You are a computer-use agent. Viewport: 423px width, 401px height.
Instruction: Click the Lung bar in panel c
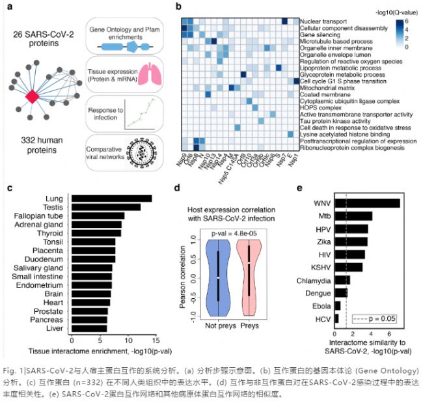click(111, 198)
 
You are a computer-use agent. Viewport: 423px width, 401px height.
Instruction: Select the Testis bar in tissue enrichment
click(105, 207)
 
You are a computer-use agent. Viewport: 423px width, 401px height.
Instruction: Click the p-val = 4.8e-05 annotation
click(233, 232)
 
